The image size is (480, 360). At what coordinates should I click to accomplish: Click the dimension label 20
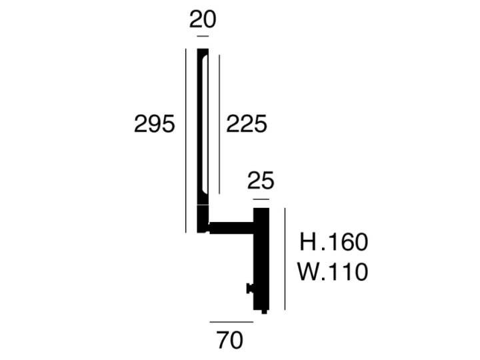click(x=203, y=19)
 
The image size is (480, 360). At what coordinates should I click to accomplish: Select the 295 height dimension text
click(x=155, y=124)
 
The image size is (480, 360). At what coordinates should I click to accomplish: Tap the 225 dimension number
click(x=247, y=124)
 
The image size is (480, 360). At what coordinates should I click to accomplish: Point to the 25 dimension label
click(x=261, y=181)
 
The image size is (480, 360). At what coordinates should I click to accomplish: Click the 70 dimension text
click(x=229, y=340)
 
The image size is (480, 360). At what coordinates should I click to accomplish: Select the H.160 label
click(x=333, y=242)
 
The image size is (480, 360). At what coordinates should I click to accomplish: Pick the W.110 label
click(x=333, y=271)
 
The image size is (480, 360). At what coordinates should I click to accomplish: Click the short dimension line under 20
click(x=203, y=36)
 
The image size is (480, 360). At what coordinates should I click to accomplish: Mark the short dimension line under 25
click(x=261, y=199)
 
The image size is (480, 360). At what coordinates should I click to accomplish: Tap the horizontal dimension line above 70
click(x=231, y=322)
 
